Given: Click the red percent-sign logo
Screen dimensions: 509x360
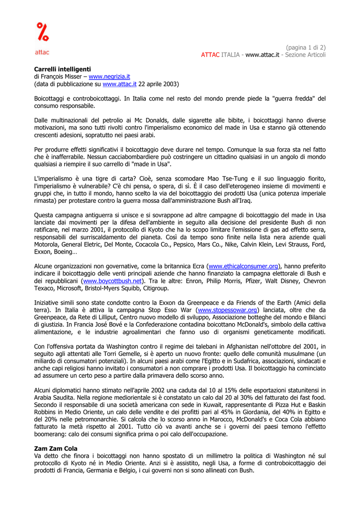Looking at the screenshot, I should coord(42,32).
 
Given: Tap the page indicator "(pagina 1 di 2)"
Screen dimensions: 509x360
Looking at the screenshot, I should coord(305,47).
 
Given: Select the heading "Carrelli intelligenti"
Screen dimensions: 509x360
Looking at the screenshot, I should coord(63,69).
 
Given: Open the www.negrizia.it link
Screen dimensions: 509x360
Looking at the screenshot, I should coord(109,77).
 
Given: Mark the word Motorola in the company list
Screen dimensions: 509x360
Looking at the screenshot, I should coord(49,245).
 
